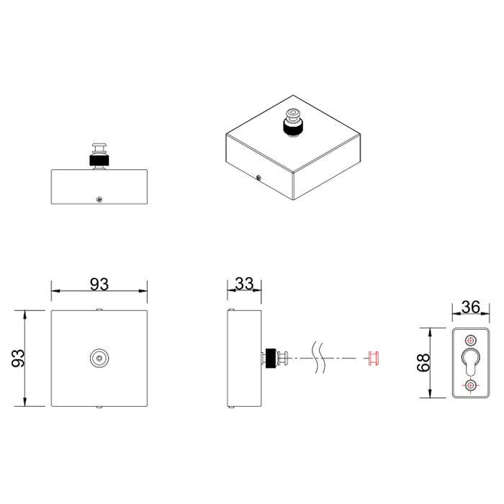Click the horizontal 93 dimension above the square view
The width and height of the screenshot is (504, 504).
pyautogui.click(x=99, y=284)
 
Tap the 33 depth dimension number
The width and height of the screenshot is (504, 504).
pyautogui.click(x=244, y=284)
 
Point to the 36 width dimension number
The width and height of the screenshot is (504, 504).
pyautogui.click(x=470, y=307)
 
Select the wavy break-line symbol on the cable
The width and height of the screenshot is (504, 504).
pyautogui.click(x=320, y=358)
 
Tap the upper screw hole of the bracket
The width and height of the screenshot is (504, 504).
pyautogui.click(x=471, y=340)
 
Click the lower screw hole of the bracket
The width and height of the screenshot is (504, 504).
pyautogui.click(x=471, y=386)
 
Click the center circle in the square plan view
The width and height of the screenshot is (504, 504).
pyautogui.click(x=99, y=358)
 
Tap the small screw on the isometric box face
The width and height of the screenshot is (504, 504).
pyautogui.click(x=258, y=176)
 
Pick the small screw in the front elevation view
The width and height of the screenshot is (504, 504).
pyautogui.click(x=99, y=199)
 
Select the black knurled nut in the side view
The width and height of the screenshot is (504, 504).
pyautogui.click(x=271, y=358)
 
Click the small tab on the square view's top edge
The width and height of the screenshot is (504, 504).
pyautogui.click(x=99, y=310)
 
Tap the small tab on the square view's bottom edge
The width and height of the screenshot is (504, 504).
pyautogui.click(x=99, y=407)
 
